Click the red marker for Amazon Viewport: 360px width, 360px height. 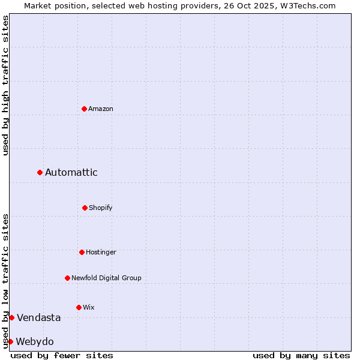coord(85,109)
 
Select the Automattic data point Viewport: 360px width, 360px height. coord(40,173)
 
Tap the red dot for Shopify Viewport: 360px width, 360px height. coord(85,208)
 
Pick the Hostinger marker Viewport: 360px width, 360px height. coord(82,252)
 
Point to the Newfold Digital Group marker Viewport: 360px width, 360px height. coord(68,278)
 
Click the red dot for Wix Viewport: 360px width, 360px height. coord(79,307)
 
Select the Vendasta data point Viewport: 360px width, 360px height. coord(12,317)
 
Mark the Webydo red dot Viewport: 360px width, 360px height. coord(11,341)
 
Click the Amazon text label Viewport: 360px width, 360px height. coord(101,109)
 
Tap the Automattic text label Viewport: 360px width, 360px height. coord(71,173)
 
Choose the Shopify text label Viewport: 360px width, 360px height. coord(101,208)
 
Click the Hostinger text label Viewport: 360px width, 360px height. coord(101,252)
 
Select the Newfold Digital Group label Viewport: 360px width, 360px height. coord(107,278)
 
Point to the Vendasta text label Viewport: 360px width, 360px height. coord(39,317)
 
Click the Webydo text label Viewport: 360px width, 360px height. coord(35,341)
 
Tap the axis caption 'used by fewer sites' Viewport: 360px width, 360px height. coord(62,355)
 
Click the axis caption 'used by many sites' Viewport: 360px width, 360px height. coord(301,355)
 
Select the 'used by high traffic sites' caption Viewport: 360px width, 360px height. coord(5,85)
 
